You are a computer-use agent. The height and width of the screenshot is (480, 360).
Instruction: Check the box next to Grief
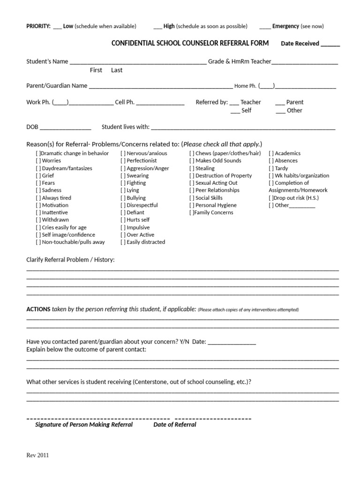[38, 176]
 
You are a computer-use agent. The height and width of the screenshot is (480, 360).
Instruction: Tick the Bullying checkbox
[123, 198]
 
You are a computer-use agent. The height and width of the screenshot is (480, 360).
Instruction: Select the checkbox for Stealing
[192, 168]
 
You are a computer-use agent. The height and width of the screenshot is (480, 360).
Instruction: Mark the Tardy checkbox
[271, 168]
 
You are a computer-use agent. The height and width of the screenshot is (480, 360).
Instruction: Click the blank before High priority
[157, 26]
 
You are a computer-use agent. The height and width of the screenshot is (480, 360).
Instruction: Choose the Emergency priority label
[285, 26]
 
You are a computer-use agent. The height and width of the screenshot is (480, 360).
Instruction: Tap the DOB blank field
[66, 127]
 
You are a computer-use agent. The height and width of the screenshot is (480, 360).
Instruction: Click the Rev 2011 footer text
[37, 455]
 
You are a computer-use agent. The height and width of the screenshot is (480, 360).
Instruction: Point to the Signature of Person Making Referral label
[84, 425]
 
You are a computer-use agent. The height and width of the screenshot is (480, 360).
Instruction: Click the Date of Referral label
[175, 425]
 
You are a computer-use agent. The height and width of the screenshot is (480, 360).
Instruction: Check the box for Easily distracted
[123, 242]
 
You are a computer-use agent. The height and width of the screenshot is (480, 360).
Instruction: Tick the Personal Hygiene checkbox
[192, 205]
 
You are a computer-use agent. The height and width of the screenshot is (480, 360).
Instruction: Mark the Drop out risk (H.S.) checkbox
[271, 198]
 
